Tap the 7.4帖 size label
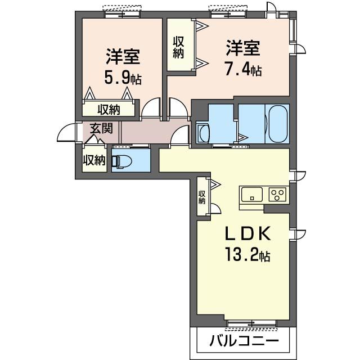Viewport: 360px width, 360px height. pos(243,71)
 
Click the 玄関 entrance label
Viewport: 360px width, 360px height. pos(101,128)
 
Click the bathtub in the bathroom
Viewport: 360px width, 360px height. pos(277,125)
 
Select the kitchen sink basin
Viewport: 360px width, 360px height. pos(251,195)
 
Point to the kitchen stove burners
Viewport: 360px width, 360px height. pos(277,195)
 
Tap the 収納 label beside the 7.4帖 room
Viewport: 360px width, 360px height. pos(179,47)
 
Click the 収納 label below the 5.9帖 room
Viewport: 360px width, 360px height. pos(109,109)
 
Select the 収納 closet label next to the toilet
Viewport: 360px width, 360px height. pos(94,160)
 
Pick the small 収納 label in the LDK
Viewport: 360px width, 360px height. pos(202,196)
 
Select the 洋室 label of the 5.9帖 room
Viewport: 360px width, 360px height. pos(123,57)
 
